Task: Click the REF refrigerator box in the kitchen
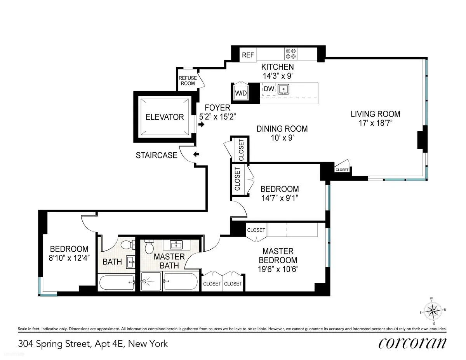(x=248, y=55)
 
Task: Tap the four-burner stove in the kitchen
(x=290, y=53)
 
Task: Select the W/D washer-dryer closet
(x=240, y=93)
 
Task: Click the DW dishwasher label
(x=269, y=89)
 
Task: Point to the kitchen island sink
(x=284, y=90)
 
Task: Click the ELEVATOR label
(x=164, y=117)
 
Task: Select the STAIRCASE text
(x=156, y=155)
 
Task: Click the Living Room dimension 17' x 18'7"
(x=375, y=124)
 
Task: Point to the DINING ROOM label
(x=282, y=129)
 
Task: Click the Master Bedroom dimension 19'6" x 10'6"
(x=278, y=269)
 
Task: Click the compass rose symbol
(x=432, y=311)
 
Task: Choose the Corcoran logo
(x=412, y=343)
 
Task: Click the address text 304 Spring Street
(x=93, y=343)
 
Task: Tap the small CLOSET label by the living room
(x=342, y=170)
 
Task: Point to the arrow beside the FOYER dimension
(x=201, y=125)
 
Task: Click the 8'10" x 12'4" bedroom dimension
(x=69, y=257)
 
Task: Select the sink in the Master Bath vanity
(x=177, y=244)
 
